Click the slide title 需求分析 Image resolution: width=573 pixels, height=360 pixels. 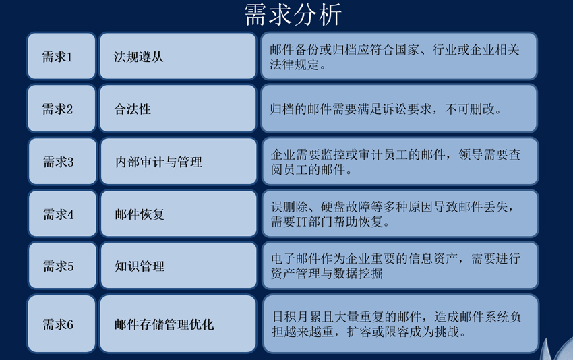tap(293, 15)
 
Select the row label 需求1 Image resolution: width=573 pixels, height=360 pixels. tap(57, 57)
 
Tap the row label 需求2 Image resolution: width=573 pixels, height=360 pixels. tap(57, 109)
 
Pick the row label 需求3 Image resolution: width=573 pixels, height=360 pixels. tap(59, 162)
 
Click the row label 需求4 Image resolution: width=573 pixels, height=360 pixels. tap(59, 214)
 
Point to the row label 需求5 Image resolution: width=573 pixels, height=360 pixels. tap(59, 266)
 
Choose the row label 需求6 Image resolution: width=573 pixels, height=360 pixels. tap(58, 324)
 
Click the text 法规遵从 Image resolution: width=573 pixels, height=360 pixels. tap(138, 57)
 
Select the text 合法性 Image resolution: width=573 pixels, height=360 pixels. tap(132, 109)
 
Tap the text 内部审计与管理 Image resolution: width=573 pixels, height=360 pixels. tap(158, 162)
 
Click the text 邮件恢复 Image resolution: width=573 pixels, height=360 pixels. tap(140, 214)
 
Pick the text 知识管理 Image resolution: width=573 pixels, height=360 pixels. tap(140, 266)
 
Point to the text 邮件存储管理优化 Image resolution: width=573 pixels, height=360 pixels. tap(164, 324)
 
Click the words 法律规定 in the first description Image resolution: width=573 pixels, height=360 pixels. tap(295, 65)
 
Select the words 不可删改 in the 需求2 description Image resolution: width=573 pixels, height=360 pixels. tap(470, 109)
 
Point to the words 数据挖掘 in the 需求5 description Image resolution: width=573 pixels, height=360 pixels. tap(358, 274)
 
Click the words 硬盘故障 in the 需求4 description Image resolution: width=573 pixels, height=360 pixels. tap(345, 207)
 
